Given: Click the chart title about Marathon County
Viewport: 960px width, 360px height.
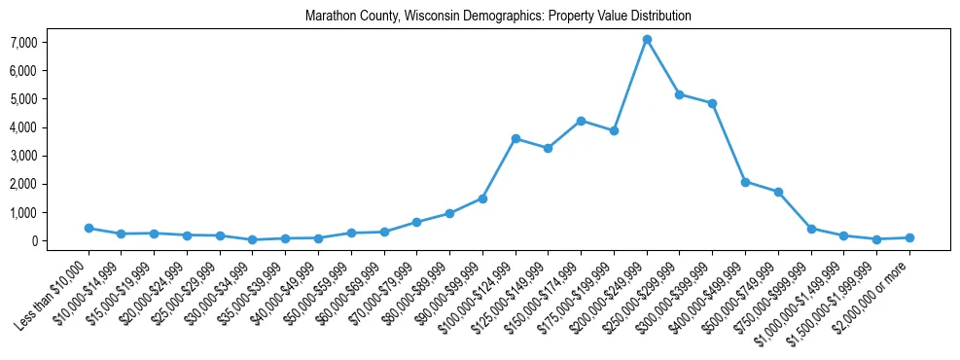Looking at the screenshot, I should click(498, 17).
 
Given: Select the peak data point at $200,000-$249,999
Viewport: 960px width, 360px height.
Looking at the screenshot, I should click(647, 39).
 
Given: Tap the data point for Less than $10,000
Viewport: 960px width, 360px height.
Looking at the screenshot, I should click(89, 228).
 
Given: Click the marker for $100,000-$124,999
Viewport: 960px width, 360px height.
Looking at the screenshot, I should click(516, 138).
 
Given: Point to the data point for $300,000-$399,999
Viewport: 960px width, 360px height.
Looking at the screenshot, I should click(713, 103).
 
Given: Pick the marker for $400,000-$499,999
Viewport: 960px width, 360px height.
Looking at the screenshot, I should click(745, 182).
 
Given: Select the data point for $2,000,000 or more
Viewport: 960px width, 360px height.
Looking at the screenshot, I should click(909, 237).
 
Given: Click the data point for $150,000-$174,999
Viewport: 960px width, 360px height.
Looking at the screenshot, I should click(581, 121).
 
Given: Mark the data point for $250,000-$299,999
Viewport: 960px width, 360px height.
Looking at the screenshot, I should click(680, 94).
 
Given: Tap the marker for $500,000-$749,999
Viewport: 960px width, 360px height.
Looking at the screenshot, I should click(778, 192).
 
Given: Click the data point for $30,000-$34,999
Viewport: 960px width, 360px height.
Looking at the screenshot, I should click(253, 239).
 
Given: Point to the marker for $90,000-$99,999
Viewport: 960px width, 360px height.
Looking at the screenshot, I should click(482, 198).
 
